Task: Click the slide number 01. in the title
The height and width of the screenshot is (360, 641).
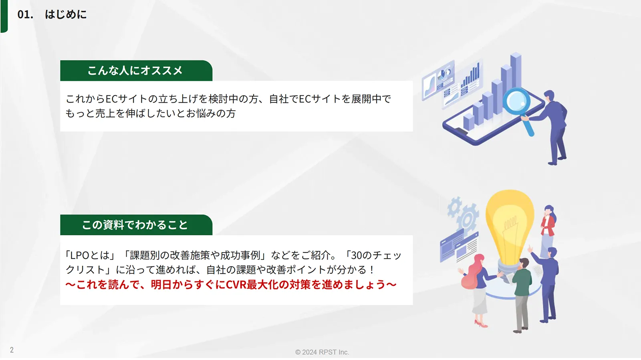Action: pyautogui.click(x=25, y=14)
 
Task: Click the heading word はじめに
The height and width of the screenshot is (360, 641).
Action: pyautogui.click(x=66, y=14)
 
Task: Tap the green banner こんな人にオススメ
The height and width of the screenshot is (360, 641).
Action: pyautogui.click(x=136, y=71)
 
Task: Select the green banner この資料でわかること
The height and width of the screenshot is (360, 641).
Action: pyautogui.click(x=136, y=225)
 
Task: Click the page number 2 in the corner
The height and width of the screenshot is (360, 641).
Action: pyautogui.click(x=12, y=350)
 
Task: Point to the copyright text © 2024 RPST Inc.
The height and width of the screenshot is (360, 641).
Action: pyautogui.click(x=322, y=352)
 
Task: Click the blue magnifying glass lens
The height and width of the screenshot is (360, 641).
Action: pyautogui.click(x=516, y=102)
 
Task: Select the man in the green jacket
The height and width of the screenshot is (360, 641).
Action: pyautogui.click(x=522, y=295)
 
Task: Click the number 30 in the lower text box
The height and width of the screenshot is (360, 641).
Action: pyautogui.click(x=357, y=255)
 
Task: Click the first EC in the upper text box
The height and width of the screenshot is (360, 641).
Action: pyautogui.click(x=112, y=99)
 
